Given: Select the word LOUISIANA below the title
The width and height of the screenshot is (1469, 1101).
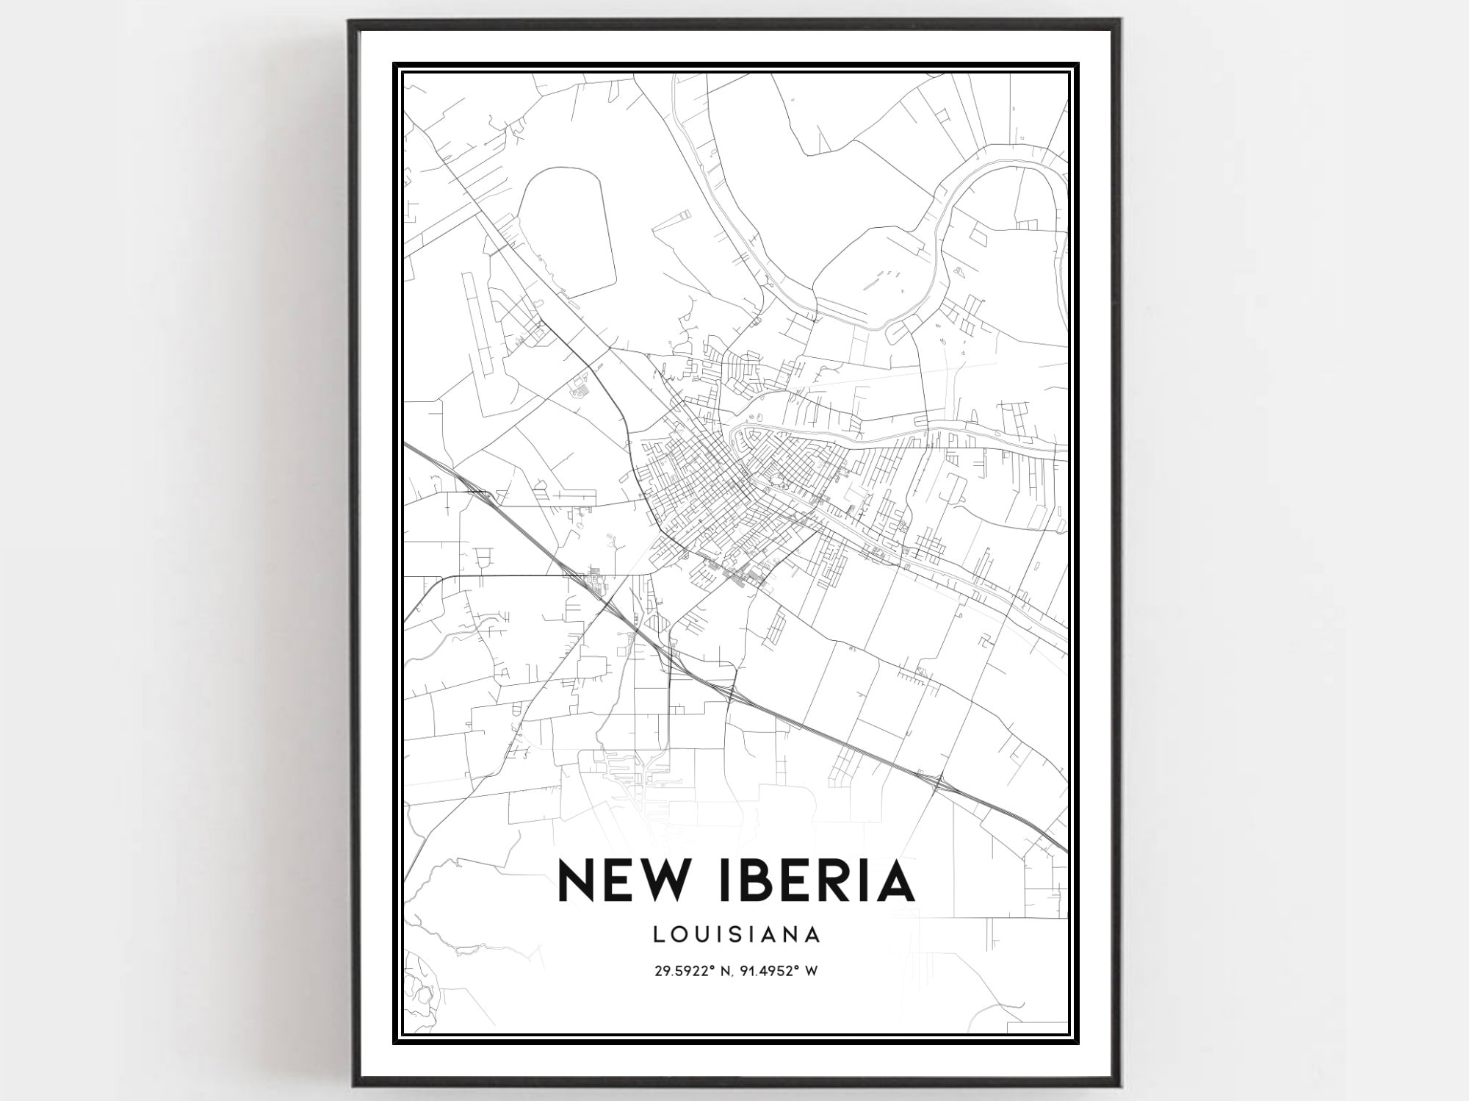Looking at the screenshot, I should click(736, 934).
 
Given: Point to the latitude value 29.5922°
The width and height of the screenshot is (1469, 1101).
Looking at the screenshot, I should click(683, 972).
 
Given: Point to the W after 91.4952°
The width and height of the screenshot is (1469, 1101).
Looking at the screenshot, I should click(812, 972).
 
